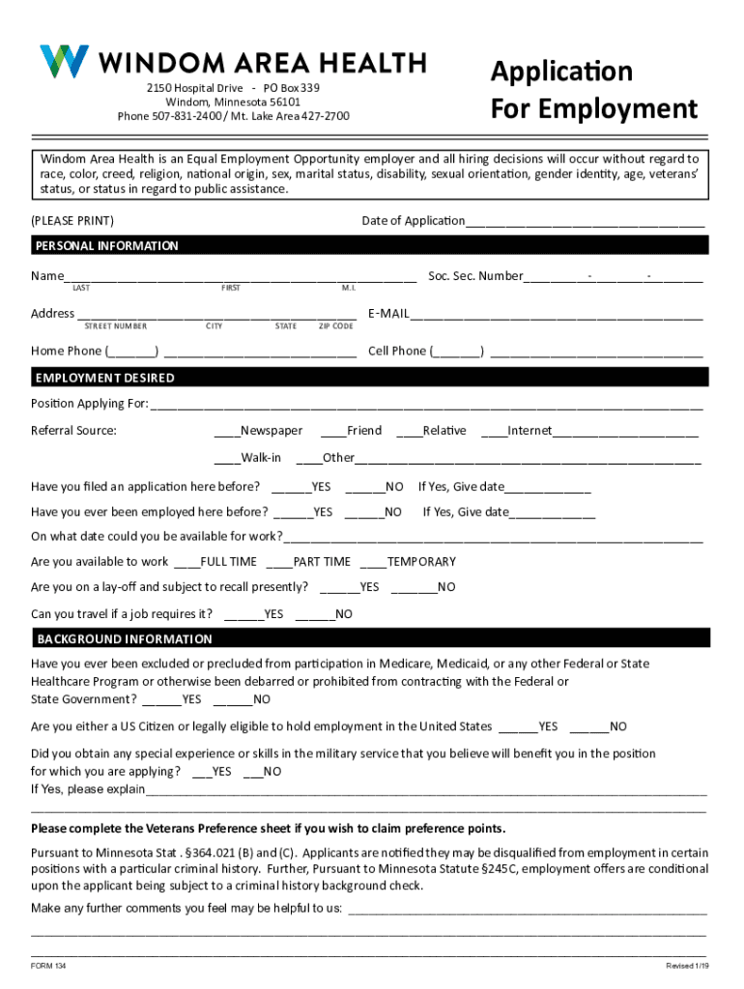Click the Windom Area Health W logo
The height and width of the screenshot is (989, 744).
pos(64,62)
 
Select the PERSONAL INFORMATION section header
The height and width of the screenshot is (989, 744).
pos(107,246)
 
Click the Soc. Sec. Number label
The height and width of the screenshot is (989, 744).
pos(474,276)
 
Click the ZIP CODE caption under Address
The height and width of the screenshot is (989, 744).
pos(335,326)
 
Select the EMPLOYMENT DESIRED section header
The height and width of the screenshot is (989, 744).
pos(105,378)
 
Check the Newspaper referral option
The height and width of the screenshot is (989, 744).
pos(227,431)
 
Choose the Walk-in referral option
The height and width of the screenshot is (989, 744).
pos(227,458)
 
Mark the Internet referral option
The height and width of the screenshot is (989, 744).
pos(493,431)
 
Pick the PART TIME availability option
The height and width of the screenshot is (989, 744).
pos(277,562)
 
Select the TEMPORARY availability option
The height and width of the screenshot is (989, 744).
pos(372,562)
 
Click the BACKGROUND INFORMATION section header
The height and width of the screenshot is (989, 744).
pos(124,639)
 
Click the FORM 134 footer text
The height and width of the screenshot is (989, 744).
pos(48,967)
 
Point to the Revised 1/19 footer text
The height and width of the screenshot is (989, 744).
pos(687,967)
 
